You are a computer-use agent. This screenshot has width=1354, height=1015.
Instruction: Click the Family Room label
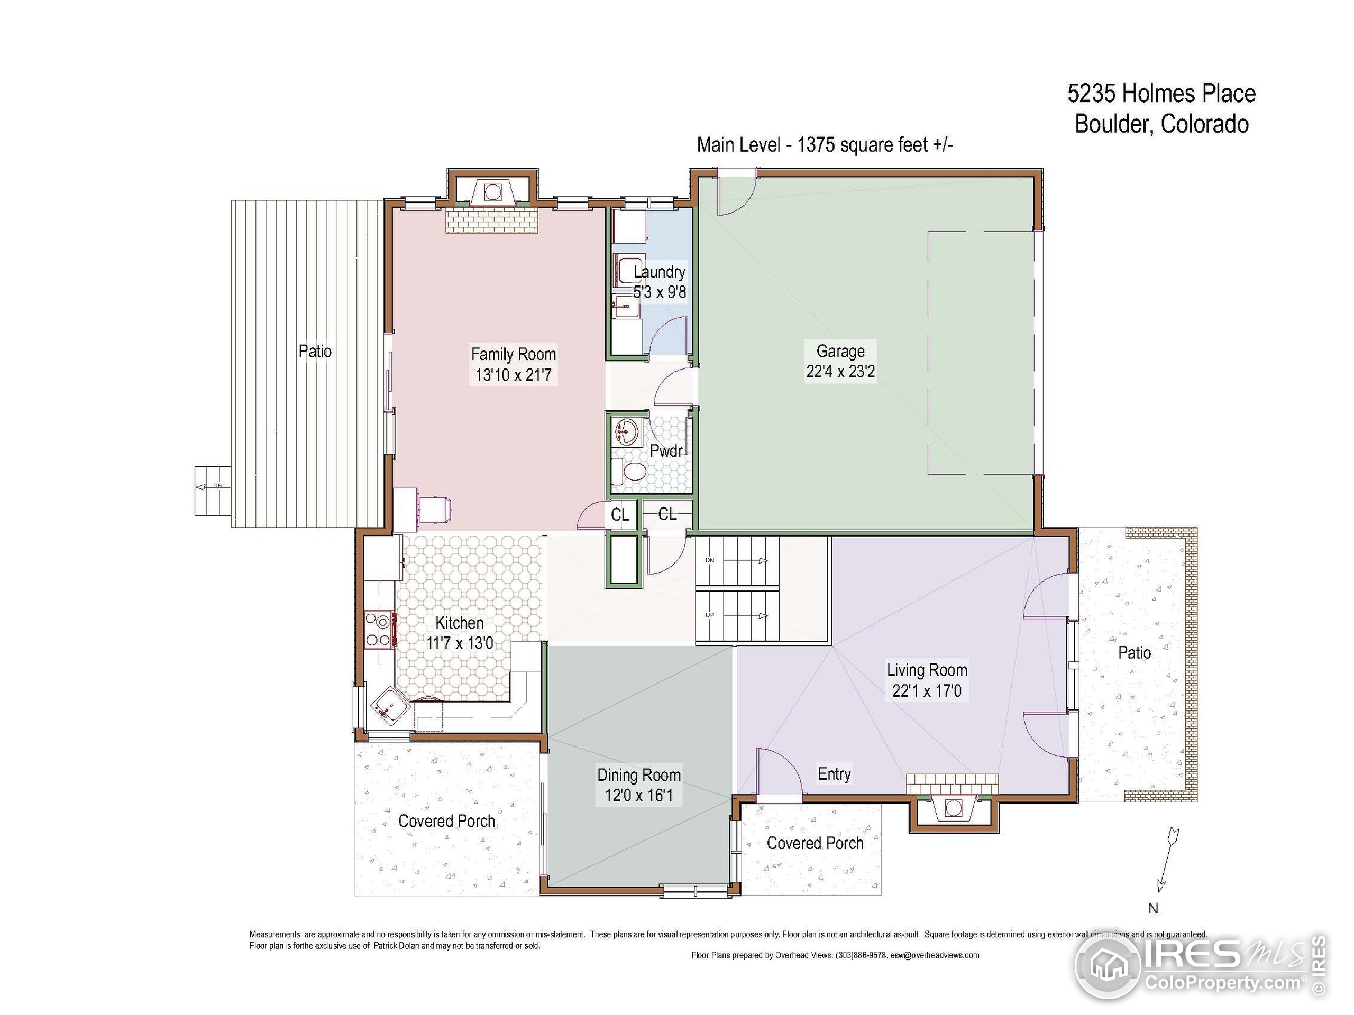click(513, 354)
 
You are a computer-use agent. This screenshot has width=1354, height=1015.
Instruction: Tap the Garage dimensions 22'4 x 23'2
click(840, 371)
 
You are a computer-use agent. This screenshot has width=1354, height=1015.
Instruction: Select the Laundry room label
click(659, 272)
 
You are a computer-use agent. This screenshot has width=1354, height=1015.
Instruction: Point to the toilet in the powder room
click(630, 472)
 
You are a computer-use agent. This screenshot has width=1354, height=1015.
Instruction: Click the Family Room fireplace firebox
click(491, 192)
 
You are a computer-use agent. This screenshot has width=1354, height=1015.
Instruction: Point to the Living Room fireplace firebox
click(954, 808)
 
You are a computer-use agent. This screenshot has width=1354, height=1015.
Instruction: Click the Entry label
click(834, 774)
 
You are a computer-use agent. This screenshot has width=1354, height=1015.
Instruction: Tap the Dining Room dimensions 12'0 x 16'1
click(639, 796)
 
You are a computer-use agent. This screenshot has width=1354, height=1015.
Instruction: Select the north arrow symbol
click(1167, 860)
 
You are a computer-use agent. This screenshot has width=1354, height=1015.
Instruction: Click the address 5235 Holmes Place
click(1161, 94)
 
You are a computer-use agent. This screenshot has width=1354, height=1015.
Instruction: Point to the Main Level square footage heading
click(825, 145)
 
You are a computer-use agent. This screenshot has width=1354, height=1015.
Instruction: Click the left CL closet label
click(620, 514)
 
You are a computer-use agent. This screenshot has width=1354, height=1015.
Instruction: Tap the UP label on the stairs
click(710, 615)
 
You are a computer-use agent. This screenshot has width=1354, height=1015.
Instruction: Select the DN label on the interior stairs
click(710, 560)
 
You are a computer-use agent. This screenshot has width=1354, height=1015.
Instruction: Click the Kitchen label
click(459, 623)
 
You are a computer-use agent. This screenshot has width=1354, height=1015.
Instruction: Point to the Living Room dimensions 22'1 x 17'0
click(927, 691)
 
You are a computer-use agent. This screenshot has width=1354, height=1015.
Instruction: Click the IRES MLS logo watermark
click(1200, 967)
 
